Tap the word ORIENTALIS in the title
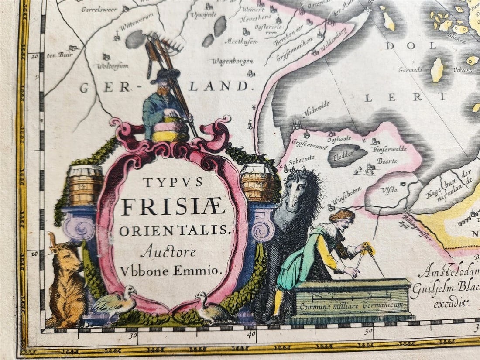click(174, 230)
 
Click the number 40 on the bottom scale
click(251, 334)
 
